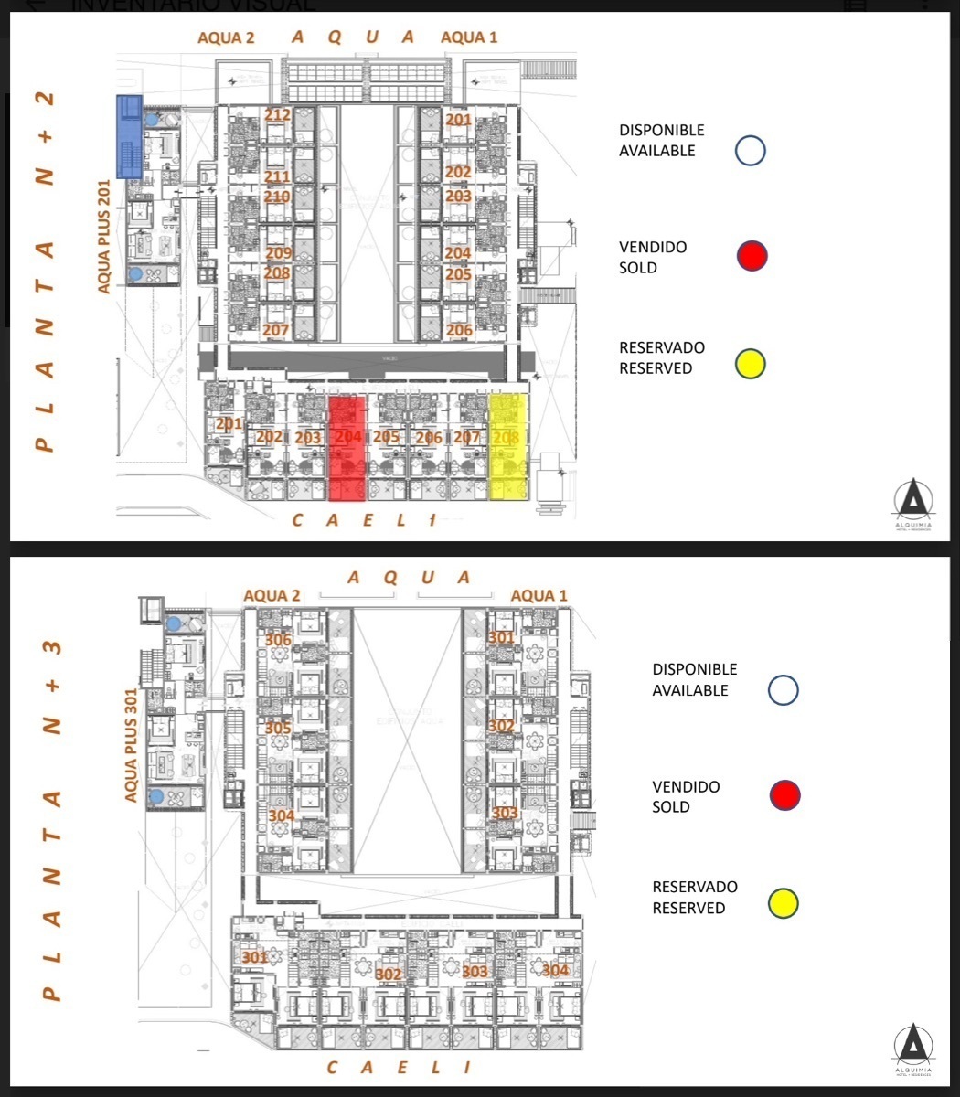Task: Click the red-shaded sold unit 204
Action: coord(347,448)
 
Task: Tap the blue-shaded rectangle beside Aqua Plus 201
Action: coord(129,136)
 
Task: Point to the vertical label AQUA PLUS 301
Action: coord(131,745)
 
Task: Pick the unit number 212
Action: coord(277,115)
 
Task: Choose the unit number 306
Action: coord(278,640)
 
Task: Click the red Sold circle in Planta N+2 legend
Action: coord(752,257)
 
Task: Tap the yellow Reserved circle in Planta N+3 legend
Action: coord(784,903)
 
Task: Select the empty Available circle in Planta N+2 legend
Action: coord(751,151)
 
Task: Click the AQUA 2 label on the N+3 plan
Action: coord(272,596)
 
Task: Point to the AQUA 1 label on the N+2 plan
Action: coord(469,37)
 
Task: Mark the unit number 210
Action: coord(276,197)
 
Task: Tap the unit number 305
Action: coord(278,729)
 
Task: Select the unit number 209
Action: coord(278,253)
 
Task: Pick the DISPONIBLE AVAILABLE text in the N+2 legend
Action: coord(661,141)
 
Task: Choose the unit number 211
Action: coord(276,176)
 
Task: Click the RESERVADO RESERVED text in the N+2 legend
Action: coord(661,357)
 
